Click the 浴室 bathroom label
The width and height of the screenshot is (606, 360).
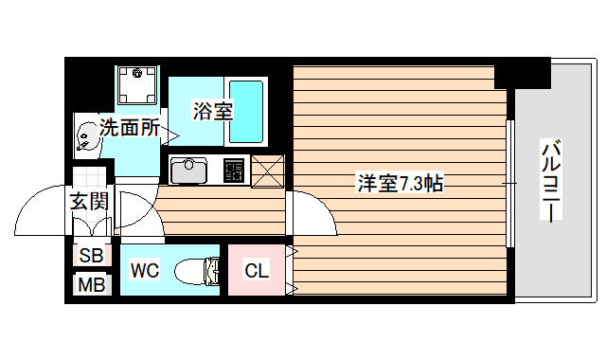212,110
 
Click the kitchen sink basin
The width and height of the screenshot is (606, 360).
188,171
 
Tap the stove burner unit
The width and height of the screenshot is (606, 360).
233,171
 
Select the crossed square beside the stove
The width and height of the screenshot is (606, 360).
268,170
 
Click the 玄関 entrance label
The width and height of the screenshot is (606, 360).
89,201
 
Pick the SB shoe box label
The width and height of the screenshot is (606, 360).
91,254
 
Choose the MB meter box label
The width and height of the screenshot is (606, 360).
91,284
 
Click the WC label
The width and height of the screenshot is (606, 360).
144,270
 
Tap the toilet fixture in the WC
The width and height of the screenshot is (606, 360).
196,270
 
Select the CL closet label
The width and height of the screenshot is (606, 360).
257,271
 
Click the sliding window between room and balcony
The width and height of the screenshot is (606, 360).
509,180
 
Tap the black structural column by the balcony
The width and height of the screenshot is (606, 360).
521,72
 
